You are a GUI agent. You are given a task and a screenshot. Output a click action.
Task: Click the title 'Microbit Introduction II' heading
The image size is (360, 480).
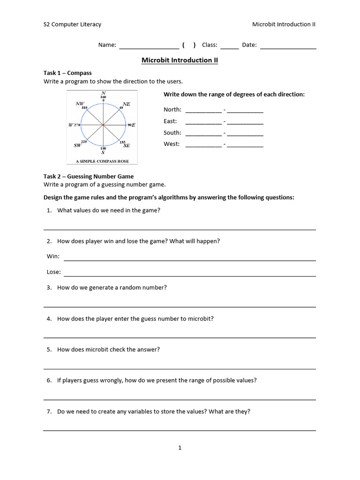[x=180, y=60]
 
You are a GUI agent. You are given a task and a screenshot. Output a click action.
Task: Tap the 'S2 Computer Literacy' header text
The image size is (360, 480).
[x=72, y=24]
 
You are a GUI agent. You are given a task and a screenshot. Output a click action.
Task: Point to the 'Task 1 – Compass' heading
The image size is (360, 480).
[x=67, y=73]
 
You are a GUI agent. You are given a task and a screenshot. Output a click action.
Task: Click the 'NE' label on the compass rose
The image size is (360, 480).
[x=127, y=104]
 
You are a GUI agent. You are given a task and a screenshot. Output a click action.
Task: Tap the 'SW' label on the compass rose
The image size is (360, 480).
[x=77, y=146]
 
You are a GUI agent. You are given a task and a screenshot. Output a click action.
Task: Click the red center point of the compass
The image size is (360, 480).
[x=103, y=125]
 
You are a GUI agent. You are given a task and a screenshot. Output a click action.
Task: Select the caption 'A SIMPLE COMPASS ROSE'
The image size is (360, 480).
[x=103, y=161]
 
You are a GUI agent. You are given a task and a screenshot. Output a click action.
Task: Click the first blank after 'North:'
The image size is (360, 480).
[x=203, y=111]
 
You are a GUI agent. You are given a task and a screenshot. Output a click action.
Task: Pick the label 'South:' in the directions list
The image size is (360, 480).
[x=172, y=133]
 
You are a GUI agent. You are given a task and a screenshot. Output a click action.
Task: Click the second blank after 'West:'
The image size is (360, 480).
[x=245, y=146]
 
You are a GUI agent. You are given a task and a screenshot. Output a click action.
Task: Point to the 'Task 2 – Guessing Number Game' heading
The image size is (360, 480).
[x=89, y=176]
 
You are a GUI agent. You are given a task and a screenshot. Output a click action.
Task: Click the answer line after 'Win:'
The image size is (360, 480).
[x=189, y=258]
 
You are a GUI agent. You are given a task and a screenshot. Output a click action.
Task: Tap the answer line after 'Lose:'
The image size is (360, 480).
[x=189, y=274]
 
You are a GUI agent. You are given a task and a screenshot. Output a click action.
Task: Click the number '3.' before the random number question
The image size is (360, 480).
[x=49, y=287]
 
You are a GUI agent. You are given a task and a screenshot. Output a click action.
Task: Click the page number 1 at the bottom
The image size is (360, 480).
[x=180, y=448]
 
